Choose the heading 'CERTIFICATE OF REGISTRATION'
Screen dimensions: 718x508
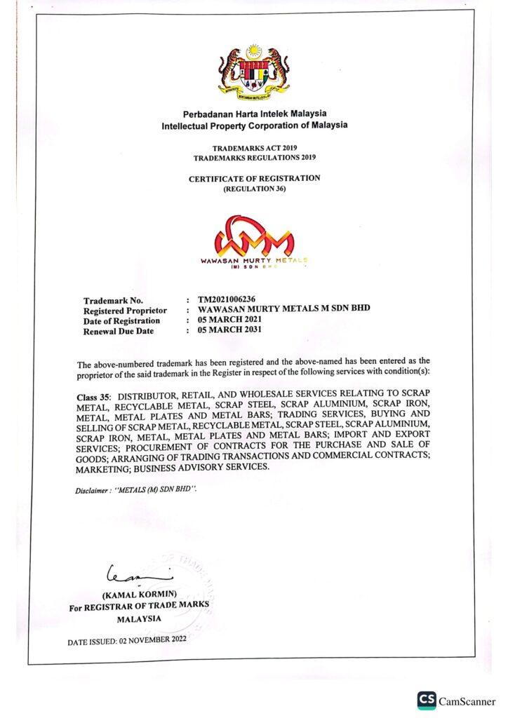click(254, 178)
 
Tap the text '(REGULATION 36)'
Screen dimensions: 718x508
click(254, 189)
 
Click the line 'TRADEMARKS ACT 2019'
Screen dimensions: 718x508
click(255, 149)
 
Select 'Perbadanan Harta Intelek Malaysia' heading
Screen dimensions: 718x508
click(254, 114)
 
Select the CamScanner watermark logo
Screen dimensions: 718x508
click(456, 700)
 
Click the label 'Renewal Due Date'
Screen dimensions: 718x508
click(118, 331)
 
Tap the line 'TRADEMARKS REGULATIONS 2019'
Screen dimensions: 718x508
click(254, 158)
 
